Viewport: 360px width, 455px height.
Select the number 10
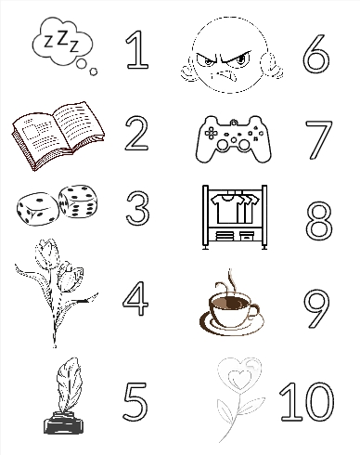(x=307, y=401)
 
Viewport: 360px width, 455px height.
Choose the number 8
(x=319, y=220)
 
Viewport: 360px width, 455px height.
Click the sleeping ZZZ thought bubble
(x=63, y=44)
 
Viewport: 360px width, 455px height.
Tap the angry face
(x=231, y=55)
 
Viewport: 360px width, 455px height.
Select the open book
(x=58, y=135)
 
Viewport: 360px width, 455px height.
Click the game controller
(x=234, y=138)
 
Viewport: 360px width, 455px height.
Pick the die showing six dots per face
(x=78, y=201)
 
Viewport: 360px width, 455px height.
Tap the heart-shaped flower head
(x=239, y=373)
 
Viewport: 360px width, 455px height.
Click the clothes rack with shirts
(x=235, y=217)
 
